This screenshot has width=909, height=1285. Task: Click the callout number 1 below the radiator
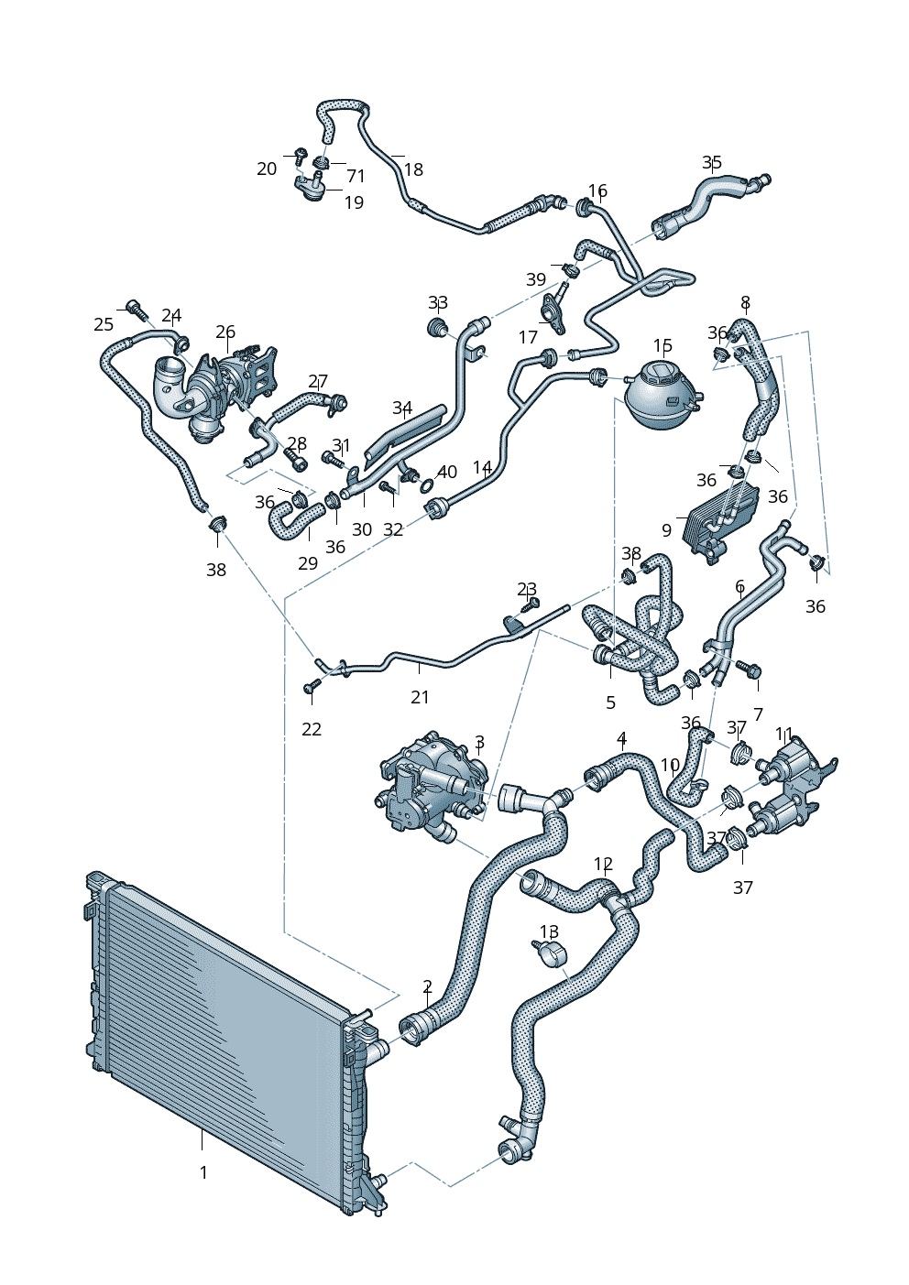[203, 1172]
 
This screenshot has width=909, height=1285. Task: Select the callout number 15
[663, 345]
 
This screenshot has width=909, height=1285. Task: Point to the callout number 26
[225, 332]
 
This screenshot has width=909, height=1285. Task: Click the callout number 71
[356, 176]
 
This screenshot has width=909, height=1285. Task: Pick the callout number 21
[420, 697]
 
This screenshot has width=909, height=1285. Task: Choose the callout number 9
[666, 530]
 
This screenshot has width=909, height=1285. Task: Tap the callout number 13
[548, 931]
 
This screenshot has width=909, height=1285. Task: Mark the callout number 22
[312, 729]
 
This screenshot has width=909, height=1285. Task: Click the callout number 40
[447, 473]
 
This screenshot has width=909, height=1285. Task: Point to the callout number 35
[712, 163]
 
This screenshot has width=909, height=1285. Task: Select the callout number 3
[479, 742]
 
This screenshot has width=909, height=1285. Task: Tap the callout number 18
[413, 169]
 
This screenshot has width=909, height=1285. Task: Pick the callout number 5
[610, 702]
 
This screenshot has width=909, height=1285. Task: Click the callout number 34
[402, 408]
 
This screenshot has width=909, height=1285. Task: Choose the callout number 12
[603, 864]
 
